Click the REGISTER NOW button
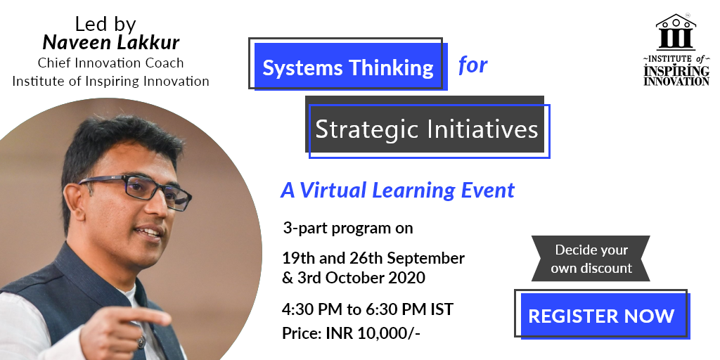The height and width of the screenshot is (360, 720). pos(602,316)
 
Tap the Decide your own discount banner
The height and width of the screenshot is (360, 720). pos(591,259)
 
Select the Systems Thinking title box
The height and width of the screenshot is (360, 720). pos(348,65)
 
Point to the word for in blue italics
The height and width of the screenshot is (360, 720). pos(472,65)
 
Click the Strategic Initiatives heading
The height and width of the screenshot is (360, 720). pos(427,129)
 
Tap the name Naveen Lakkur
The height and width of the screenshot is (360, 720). pos(110,43)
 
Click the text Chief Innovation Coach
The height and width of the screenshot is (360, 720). pos(110,63)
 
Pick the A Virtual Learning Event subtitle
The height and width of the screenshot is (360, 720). pos(398,190)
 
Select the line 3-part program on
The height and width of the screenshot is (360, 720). pos(347,228)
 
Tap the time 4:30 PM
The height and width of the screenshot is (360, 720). pos(311,309)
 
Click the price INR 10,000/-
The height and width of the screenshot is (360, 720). pos(373,333)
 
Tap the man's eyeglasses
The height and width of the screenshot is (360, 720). pos(136,191)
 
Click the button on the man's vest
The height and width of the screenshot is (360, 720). pos(142,342)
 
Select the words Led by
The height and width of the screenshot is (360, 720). pos(105,24)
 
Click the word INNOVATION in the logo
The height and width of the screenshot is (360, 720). pos(676,82)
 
